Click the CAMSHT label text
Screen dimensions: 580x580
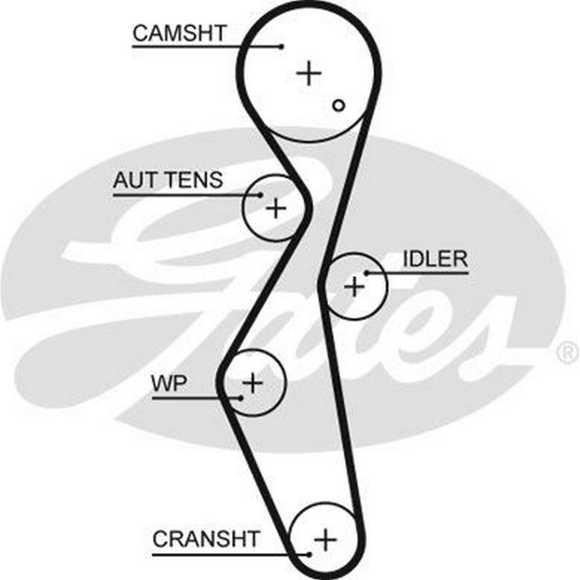(x=179, y=33)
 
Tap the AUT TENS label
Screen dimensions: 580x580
(x=168, y=180)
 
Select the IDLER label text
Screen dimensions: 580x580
(x=435, y=259)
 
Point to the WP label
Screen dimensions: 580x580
(x=168, y=383)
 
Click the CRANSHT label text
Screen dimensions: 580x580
(x=206, y=539)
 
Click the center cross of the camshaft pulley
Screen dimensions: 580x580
(x=309, y=74)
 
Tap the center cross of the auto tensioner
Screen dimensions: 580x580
(x=276, y=208)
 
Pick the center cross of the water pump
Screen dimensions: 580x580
(x=252, y=382)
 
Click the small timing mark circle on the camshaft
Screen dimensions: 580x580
(x=339, y=105)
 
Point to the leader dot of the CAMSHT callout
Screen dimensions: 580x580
(x=282, y=46)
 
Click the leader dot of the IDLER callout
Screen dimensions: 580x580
(x=367, y=272)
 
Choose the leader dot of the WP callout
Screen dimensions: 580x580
(x=241, y=397)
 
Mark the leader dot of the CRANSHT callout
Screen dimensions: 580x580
(x=310, y=554)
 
